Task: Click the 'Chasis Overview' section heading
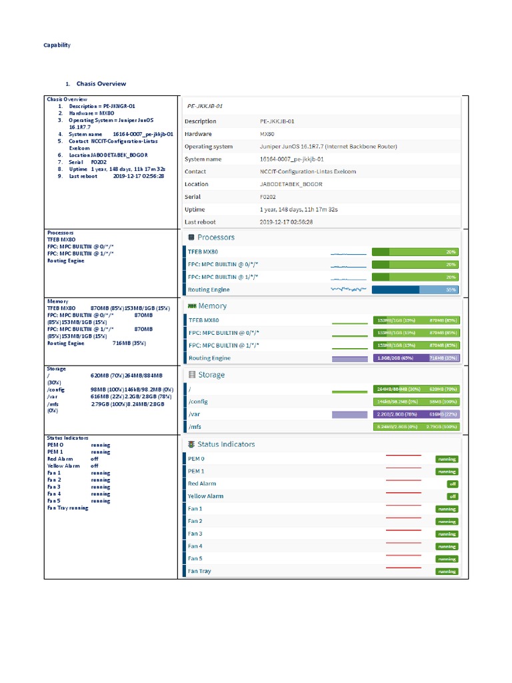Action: click(101, 84)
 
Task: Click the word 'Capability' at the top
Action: click(57, 45)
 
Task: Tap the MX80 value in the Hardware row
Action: click(268, 133)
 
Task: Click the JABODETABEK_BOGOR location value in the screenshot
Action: click(291, 184)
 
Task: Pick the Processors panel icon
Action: click(191, 237)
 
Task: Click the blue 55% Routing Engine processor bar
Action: click(415, 289)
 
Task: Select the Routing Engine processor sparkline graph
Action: click(349, 289)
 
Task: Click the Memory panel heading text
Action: click(212, 306)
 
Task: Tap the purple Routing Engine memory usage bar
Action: click(415, 358)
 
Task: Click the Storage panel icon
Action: click(191, 375)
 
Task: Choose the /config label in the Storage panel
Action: click(199, 402)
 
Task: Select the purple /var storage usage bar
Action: click(415, 414)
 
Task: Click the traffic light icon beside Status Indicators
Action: click(191, 444)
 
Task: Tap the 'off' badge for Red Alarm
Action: click(452, 484)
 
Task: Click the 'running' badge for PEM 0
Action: click(447, 459)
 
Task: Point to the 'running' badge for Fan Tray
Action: click(447, 572)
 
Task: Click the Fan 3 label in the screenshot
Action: click(195, 534)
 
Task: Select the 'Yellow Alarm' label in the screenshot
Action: click(205, 496)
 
